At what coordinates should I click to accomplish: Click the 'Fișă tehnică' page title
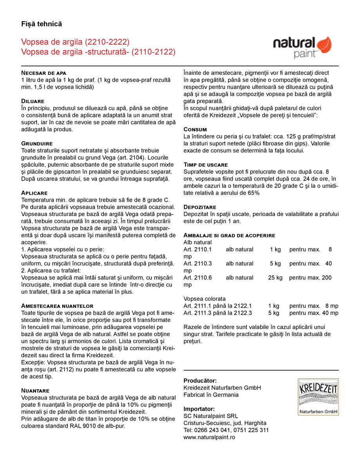click(42, 24)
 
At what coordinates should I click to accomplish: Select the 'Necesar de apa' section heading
click(43, 73)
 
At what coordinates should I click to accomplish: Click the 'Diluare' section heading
click(33, 101)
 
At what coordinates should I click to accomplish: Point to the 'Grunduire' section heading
click(37, 144)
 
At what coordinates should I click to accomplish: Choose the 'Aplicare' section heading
click(34, 193)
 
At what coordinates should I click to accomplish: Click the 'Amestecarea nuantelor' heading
click(57, 305)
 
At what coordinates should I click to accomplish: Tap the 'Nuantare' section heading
click(35, 390)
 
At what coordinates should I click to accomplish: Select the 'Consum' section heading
click(195, 129)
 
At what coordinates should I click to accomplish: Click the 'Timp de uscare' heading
click(206, 164)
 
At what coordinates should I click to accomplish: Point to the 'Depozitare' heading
click(200, 207)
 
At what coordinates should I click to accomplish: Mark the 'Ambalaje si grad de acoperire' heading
click(229, 235)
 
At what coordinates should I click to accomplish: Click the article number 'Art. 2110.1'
click(197, 249)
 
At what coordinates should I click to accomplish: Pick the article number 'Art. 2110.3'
click(197, 264)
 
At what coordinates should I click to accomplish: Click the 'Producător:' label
click(200, 380)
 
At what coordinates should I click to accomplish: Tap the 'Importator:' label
click(199, 408)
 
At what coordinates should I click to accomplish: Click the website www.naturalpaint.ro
click(209, 437)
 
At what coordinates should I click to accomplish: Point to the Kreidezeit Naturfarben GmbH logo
click(318, 397)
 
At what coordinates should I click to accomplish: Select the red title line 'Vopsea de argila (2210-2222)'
click(75, 42)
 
